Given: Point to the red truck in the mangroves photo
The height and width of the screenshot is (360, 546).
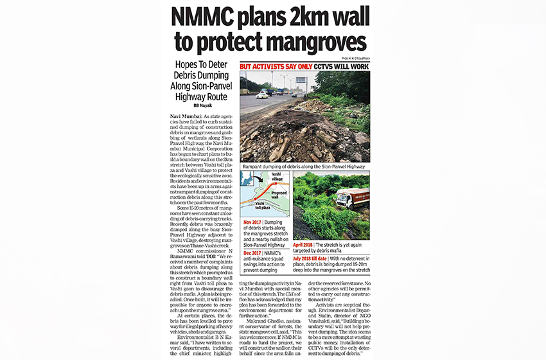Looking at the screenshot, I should pyautogui.click(x=352, y=198).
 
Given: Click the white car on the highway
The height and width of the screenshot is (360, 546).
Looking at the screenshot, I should pyautogui.click(x=262, y=95).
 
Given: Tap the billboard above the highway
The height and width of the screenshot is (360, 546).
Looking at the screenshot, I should pyautogui.click(x=301, y=80).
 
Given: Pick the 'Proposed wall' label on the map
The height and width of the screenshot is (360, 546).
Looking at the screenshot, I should pyautogui.click(x=279, y=194).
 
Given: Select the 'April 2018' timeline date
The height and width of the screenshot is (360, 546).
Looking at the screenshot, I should pyautogui.click(x=306, y=244).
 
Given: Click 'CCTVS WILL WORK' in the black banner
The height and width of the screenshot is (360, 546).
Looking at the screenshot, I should pyautogui.click(x=337, y=66).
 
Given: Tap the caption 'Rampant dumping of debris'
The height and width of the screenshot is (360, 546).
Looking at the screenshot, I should pyautogui.click(x=276, y=165).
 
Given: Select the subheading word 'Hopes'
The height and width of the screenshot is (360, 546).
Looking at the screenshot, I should pyautogui.click(x=177, y=65).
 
